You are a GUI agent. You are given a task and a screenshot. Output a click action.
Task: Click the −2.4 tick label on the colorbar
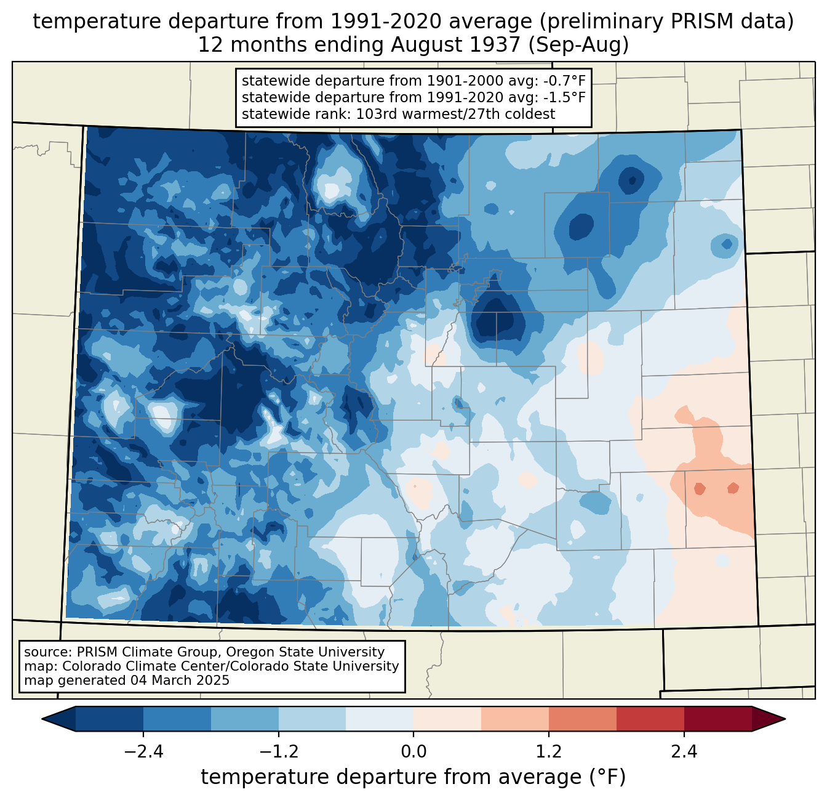pos(143,752)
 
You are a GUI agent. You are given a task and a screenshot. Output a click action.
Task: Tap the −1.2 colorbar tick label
pos(279,752)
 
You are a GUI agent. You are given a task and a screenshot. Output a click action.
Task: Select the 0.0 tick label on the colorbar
pos(413,752)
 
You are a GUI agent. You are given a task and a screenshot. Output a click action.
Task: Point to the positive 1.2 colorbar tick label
pos(549,752)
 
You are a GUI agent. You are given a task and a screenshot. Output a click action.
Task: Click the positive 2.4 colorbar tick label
pos(684,752)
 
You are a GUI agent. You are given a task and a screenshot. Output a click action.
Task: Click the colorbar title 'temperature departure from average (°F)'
pos(413,777)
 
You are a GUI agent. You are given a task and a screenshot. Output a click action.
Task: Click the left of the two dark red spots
pos(700,489)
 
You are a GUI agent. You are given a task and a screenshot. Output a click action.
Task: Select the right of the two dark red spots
pos(733,488)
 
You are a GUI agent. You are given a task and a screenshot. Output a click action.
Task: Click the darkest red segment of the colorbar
pos(717,719)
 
